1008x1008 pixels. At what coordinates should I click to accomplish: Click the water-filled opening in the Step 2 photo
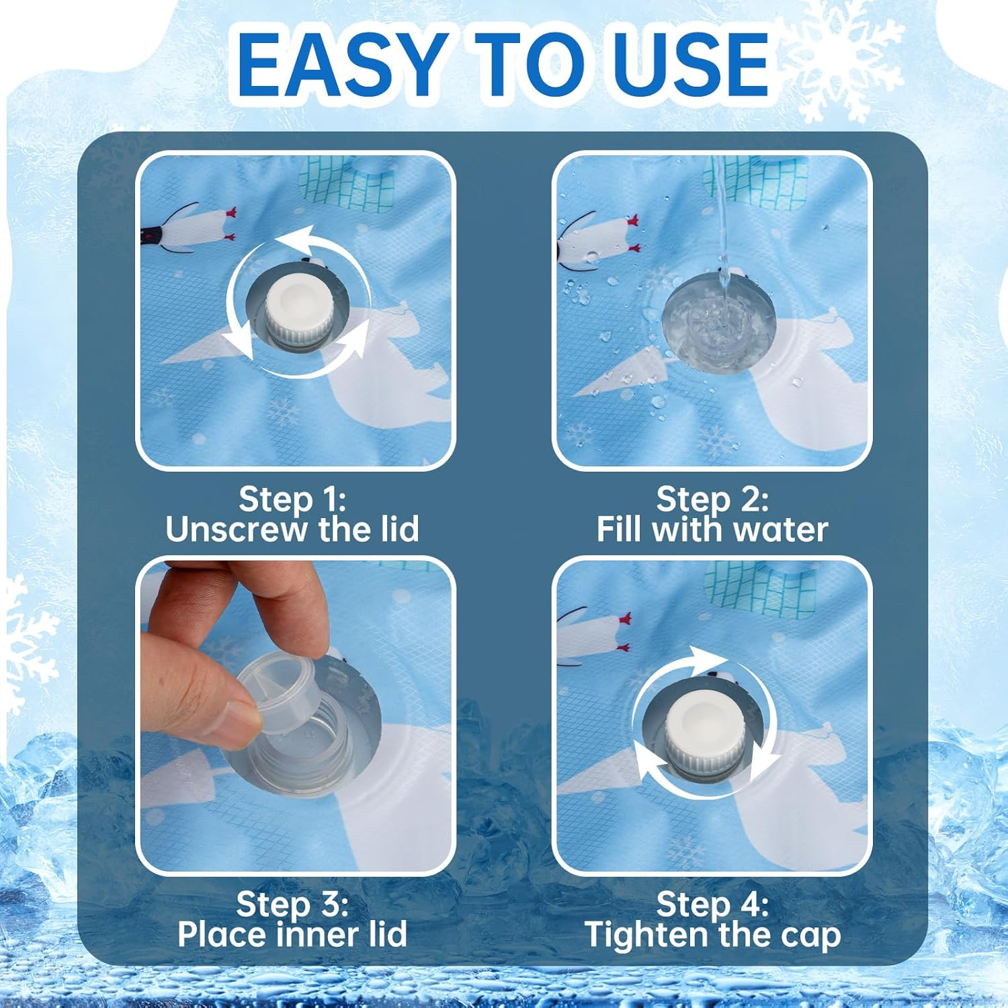pos(719,323)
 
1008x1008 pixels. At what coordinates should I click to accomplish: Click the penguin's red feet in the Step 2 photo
pos(632,231)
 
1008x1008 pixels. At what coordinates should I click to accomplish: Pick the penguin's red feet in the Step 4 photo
pos(625,632)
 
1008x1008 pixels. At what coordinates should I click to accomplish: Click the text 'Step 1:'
pos(292,499)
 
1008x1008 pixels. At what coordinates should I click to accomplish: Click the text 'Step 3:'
pos(292,904)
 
